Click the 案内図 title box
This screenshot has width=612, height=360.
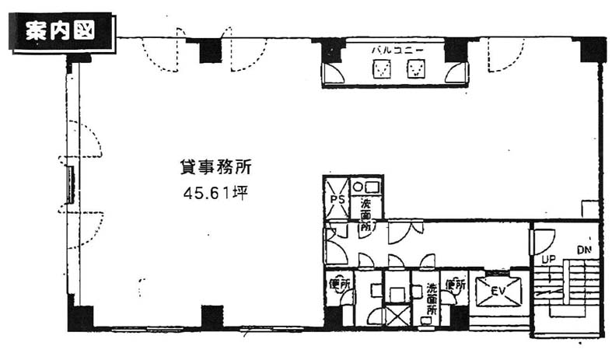pyautogui.click(x=61, y=33)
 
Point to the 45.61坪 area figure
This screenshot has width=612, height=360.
pyautogui.click(x=215, y=192)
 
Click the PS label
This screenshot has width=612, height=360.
pyautogui.click(x=337, y=200)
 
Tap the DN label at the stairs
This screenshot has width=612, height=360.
pyautogui.click(x=585, y=250)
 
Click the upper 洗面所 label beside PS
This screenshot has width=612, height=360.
pyautogui.click(x=365, y=218)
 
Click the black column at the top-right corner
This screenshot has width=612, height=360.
pyautogui.click(x=593, y=49)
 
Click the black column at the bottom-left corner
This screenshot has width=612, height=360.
pyautogui.click(x=80, y=317)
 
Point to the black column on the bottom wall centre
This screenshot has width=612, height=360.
pyautogui.click(x=212, y=316)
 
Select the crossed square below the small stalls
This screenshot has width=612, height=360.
pyautogui.click(x=398, y=315)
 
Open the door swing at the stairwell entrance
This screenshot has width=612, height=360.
pyautogui.click(x=543, y=239)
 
